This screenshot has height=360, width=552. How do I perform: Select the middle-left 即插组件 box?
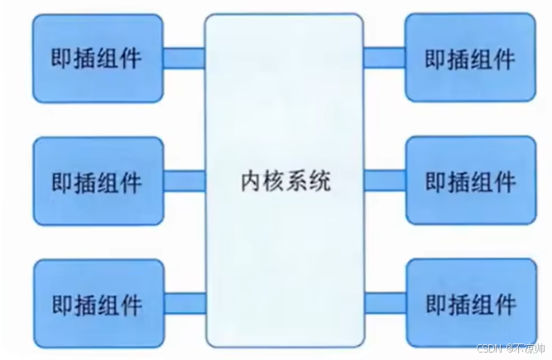(96, 180)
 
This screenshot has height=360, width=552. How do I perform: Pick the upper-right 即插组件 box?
(470, 58)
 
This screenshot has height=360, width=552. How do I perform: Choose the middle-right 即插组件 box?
(470, 180)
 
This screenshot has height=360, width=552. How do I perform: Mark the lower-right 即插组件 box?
(470, 303)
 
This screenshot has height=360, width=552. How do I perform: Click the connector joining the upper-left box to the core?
(183, 56)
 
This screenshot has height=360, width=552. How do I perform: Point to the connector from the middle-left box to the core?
(183, 180)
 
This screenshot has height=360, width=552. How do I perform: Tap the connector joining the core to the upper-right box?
(383, 57)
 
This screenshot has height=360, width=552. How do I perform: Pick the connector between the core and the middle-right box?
(383, 180)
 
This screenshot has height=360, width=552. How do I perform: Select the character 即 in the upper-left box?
(63, 58)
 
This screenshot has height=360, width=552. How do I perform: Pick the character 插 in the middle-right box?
(458, 181)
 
